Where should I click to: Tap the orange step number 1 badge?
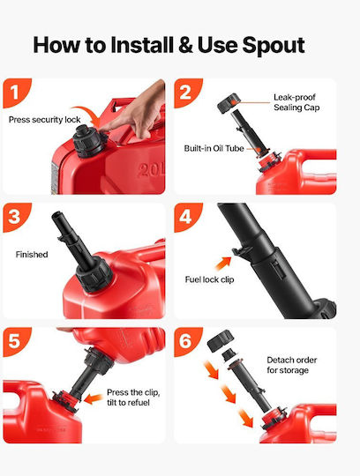pyautogui.click(x=16, y=92)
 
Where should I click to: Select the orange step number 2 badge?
pyautogui.click(x=187, y=92)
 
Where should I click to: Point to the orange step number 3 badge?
pyautogui.click(x=16, y=217)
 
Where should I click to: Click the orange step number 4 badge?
pyautogui.click(x=187, y=217)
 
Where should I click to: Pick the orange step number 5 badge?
pyautogui.click(x=16, y=341)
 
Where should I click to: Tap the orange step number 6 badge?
pyautogui.click(x=187, y=341)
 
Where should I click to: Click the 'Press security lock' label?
pyautogui.click(x=45, y=120)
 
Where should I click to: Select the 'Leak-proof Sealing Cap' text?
pyautogui.click(x=296, y=102)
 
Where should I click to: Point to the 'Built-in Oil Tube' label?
pyautogui.click(x=214, y=148)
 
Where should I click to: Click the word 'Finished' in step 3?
pyautogui.click(x=32, y=255)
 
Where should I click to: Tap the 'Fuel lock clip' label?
pyautogui.click(x=210, y=279)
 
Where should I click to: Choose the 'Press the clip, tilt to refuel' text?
pyautogui.click(x=133, y=398)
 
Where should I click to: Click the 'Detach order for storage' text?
pyautogui.click(x=292, y=365)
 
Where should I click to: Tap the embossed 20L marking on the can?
pyautogui.click(x=151, y=171)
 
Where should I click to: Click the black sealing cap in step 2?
pyautogui.click(x=229, y=103)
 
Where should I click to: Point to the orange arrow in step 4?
pyautogui.click(x=223, y=264)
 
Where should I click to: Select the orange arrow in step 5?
pyautogui.click(x=93, y=398)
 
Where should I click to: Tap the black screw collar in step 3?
pyautogui.click(x=94, y=274)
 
